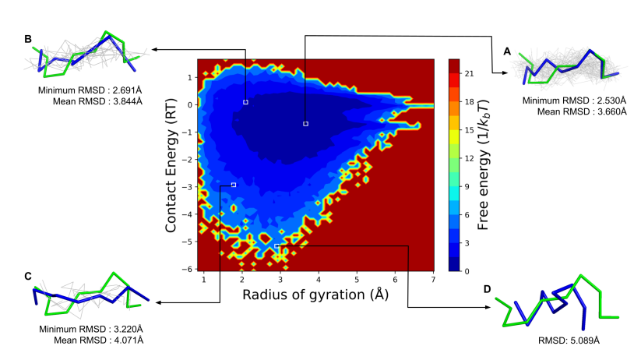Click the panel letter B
[28, 38]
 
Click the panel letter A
[507, 51]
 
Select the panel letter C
[28, 276]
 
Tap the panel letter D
[487, 289]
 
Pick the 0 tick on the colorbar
[467, 271]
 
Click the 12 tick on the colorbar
[470, 158]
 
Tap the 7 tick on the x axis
[432, 278]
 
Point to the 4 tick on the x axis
[318, 278]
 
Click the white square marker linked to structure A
[306, 124]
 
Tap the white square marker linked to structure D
[276, 246]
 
